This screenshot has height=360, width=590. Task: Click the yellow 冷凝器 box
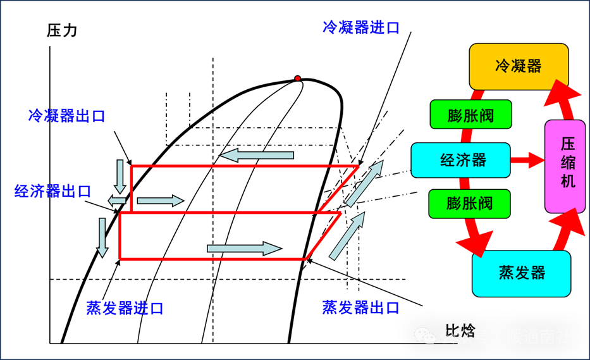(519, 66)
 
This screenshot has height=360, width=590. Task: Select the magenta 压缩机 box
(565, 166)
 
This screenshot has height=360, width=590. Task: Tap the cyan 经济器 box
(460, 160)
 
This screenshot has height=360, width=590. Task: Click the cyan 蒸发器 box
(521, 273)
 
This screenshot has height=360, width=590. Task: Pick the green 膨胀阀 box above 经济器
(470, 115)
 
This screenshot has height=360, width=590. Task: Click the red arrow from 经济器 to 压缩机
(527, 160)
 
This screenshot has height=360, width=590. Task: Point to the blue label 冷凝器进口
(361, 27)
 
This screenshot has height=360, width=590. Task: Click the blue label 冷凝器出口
(66, 116)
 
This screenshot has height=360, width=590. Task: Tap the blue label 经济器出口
(53, 191)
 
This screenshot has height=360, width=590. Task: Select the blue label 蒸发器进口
(125, 308)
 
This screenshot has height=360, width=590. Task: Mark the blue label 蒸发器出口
(360, 308)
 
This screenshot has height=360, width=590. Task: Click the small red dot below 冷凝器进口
(297, 78)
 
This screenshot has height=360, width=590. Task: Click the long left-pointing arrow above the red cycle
(257, 155)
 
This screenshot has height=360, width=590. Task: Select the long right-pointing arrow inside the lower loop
(244, 249)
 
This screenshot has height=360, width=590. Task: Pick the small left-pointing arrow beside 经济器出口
(116, 201)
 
